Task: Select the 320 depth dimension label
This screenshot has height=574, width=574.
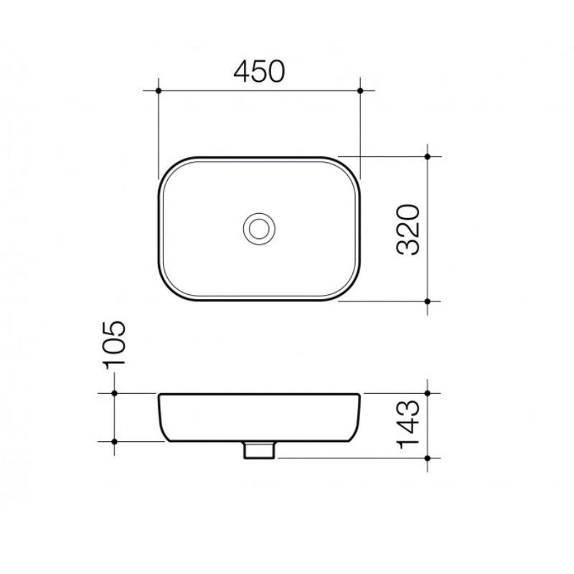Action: [x=408, y=230]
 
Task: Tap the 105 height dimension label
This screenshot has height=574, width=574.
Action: [x=114, y=344]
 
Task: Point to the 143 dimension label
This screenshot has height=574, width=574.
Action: [x=408, y=425]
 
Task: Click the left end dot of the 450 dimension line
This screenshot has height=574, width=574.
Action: [x=158, y=90]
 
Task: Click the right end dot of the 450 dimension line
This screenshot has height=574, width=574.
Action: [x=360, y=90]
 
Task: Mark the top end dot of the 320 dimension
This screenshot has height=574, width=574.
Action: [x=428, y=156]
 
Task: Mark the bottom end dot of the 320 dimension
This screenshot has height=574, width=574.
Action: [x=428, y=301]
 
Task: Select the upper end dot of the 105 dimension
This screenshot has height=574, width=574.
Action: [x=114, y=393]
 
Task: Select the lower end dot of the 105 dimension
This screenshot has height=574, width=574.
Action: [x=114, y=441]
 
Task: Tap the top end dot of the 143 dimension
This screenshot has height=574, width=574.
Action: [x=428, y=393]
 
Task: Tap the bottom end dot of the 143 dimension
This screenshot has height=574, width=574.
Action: [x=428, y=458]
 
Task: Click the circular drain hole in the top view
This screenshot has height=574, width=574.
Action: [x=258, y=228]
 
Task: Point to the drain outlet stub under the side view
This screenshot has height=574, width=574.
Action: [x=258, y=450]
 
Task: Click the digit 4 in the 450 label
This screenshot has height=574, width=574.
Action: [x=243, y=70]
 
